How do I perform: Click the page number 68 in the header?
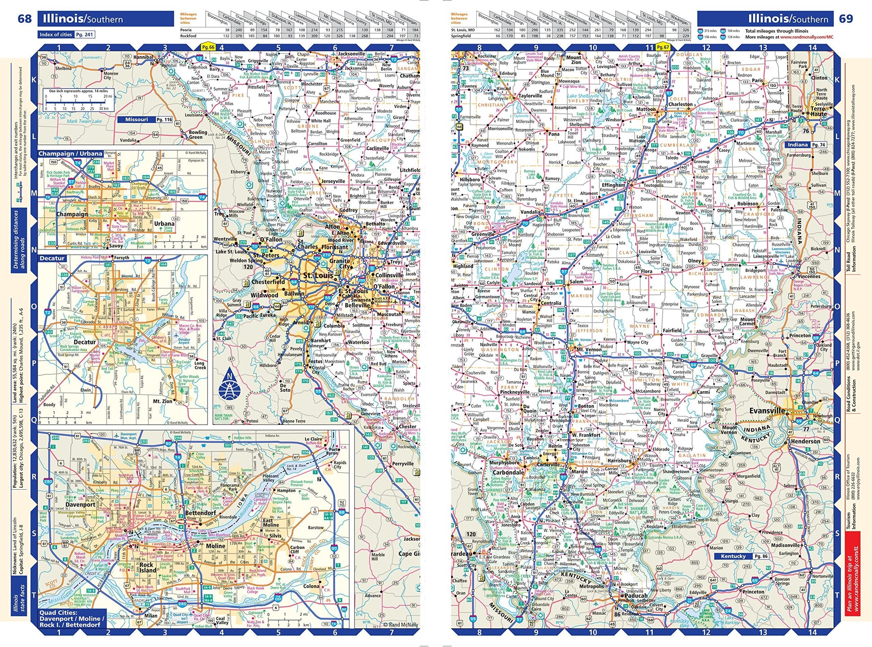pyautogui.click(x=25, y=19)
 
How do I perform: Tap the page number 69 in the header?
pyautogui.click(x=846, y=19)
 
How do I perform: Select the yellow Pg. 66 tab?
pyautogui.click(x=208, y=47)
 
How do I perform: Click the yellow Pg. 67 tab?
pyautogui.click(x=662, y=47)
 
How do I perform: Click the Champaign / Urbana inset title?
pyautogui.click(x=70, y=154)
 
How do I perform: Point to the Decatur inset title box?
pyautogui.click(x=52, y=259)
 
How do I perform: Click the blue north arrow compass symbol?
pyautogui.click(x=229, y=386)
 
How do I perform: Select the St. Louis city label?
pyautogui.click(x=318, y=276)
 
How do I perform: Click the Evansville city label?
pyautogui.click(x=767, y=410)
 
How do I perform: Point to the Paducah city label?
pyautogui.click(x=636, y=595)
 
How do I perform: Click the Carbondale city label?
pyautogui.click(x=508, y=472)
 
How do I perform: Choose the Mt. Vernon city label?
pyautogui.click(x=588, y=349)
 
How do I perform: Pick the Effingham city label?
pyautogui.click(x=613, y=185)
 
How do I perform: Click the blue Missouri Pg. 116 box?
pyautogui.click(x=145, y=120)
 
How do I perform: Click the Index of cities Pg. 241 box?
pyautogui.click(x=66, y=35)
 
